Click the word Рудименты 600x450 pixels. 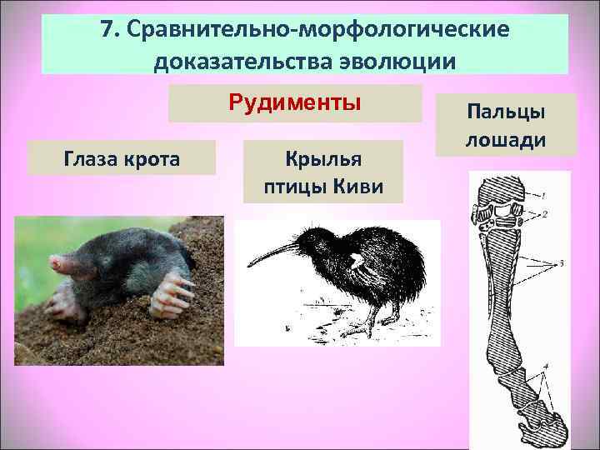pyautogui.click(x=295, y=103)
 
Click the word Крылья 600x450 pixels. pyautogui.click(x=322, y=158)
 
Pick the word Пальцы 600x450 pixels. pyautogui.click(x=505, y=111)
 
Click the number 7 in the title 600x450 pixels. pyautogui.click(x=107, y=29)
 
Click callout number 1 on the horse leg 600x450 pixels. pyautogui.click(x=542, y=196)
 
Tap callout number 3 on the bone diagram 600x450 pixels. pyautogui.click(x=562, y=263)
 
